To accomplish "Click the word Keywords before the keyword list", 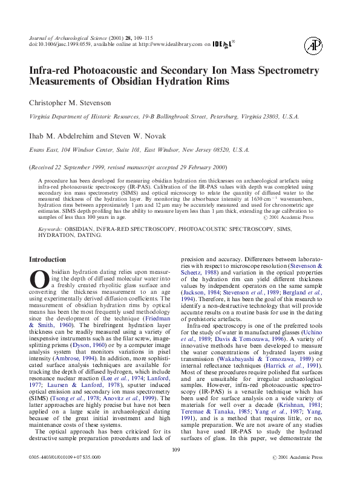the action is click(50, 230).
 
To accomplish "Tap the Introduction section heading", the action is click(48, 259).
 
